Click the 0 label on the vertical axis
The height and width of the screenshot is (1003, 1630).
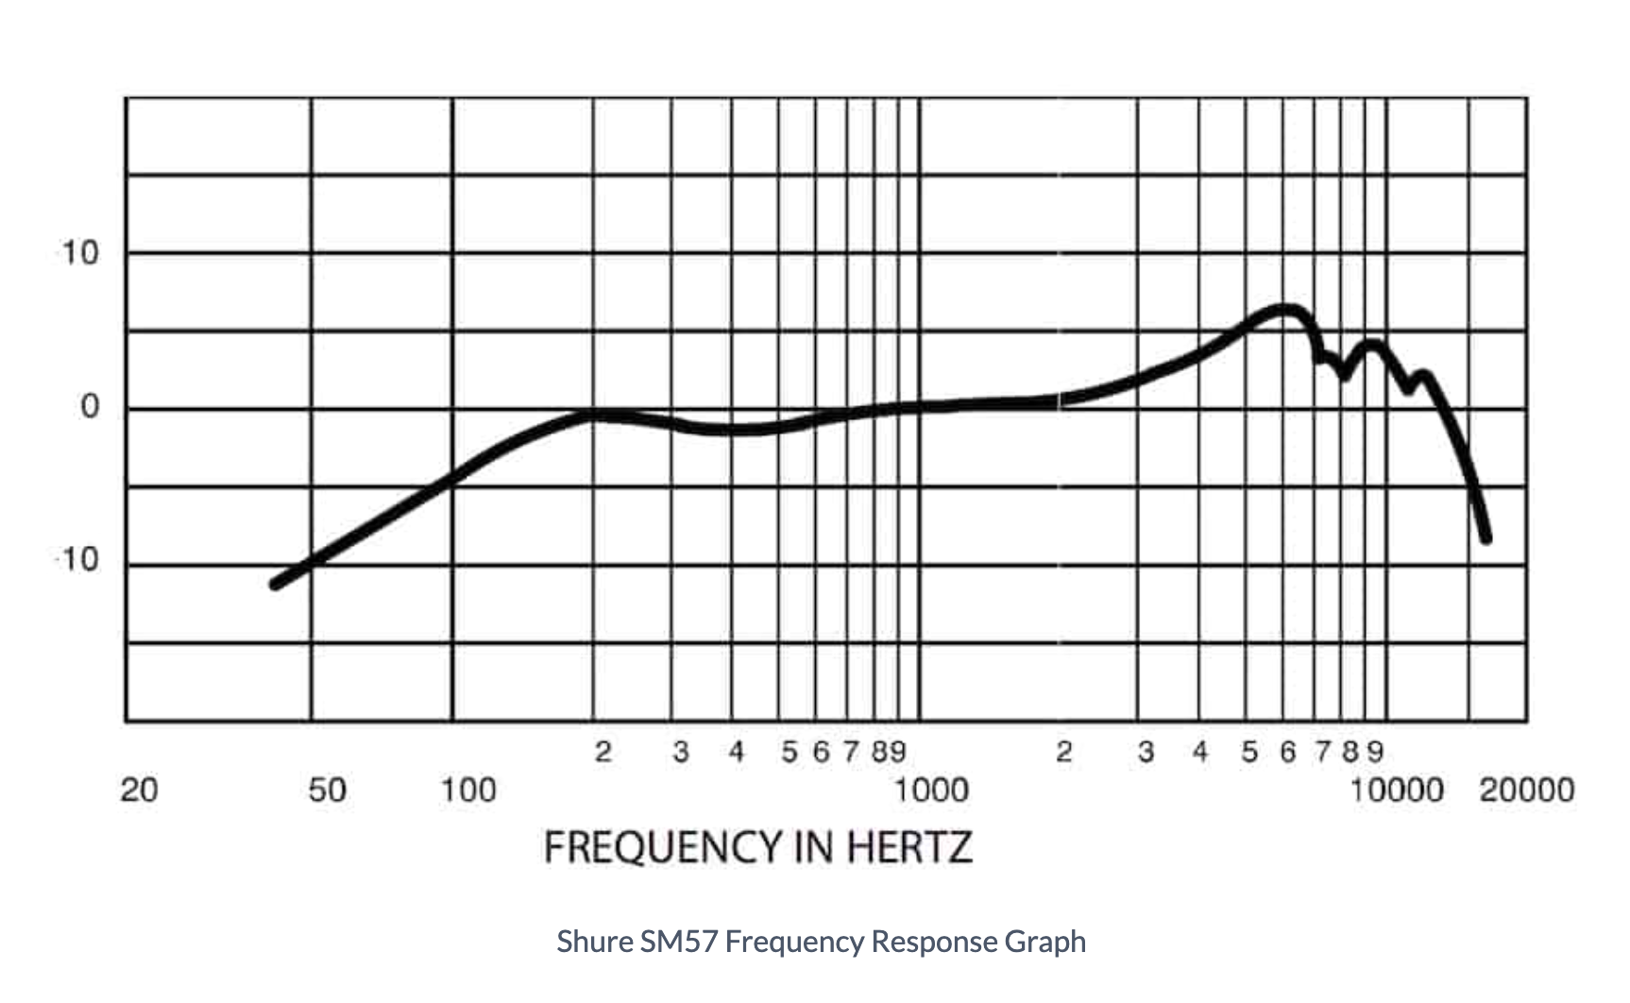tap(90, 407)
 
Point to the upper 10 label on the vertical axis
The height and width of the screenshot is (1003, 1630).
tap(80, 253)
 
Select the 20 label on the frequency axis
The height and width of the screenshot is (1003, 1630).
tap(139, 790)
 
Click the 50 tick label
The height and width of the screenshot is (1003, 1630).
tap(327, 790)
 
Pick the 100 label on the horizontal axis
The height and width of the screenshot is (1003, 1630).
tap(468, 790)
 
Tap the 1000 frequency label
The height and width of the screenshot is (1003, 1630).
tap(931, 790)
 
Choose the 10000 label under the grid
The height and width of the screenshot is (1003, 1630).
tap(1397, 790)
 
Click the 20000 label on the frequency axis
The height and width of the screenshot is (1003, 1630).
tap(1526, 790)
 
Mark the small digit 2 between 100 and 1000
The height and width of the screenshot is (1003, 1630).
tap(603, 752)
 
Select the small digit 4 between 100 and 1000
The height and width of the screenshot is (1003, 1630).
tap(737, 752)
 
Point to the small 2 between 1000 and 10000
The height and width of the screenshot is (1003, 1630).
tap(1064, 752)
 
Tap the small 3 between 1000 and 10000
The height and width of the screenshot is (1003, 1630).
tap(1146, 752)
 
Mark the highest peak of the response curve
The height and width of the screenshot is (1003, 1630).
tap(1284, 310)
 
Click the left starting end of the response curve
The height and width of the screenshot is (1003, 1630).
tap(276, 584)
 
